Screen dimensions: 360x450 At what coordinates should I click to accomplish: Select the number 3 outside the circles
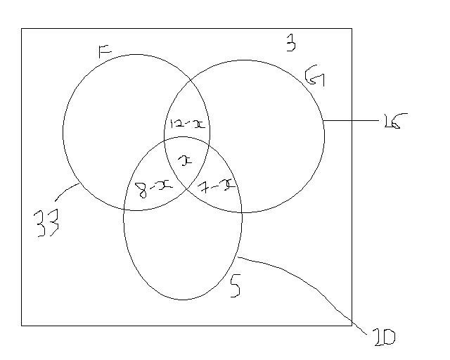(290, 44)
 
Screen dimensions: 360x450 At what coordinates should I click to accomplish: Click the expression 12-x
(187, 124)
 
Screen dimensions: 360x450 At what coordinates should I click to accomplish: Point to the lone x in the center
(185, 161)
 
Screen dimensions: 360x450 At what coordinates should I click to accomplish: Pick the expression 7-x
(216, 185)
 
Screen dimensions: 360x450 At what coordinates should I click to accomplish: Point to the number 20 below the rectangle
(382, 337)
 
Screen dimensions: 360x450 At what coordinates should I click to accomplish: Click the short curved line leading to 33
(67, 191)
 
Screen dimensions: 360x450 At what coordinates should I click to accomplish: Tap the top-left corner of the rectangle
(22, 29)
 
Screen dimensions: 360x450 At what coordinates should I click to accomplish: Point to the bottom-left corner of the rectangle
(22, 325)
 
